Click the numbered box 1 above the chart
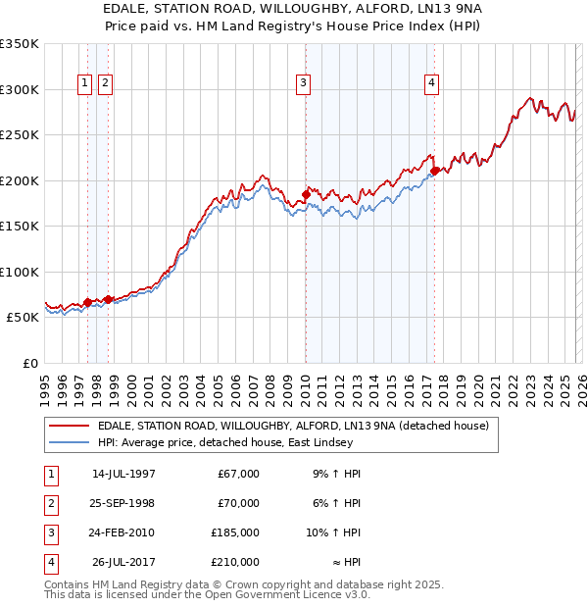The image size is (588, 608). [x=85, y=84]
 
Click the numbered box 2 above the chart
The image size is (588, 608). [x=104, y=84]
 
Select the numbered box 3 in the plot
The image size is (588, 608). [x=304, y=84]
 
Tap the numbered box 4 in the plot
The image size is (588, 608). [x=431, y=84]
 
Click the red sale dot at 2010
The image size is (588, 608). [x=306, y=195]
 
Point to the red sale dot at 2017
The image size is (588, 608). [x=434, y=171]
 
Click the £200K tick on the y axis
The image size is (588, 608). [x=20, y=180]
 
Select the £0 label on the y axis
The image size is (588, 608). [x=29, y=364]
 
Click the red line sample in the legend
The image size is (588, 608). [x=69, y=426]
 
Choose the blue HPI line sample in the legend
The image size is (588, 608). [x=69, y=442]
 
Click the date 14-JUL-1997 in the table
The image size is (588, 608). [x=123, y=474]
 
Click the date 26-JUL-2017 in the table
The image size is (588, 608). [x=123, y=562]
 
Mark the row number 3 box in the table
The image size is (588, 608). [x=49, y=532]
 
